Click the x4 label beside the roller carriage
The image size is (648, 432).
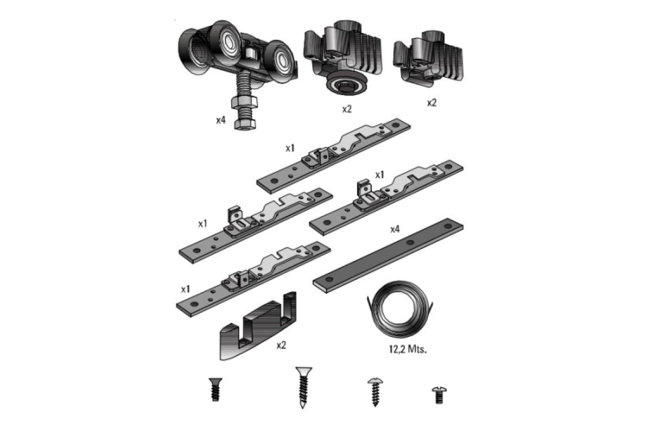tap(221, 120)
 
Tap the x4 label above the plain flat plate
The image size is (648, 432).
tap(395, 230)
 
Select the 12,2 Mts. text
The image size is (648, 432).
tap(408, 349)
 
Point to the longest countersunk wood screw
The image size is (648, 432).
tap(303, 387)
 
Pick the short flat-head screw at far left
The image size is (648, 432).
tap(215, 389)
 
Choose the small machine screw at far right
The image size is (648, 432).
tap(439, 395)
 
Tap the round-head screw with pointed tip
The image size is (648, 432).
tap(375, 391)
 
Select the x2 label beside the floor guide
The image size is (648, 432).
tap(281, 345)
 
